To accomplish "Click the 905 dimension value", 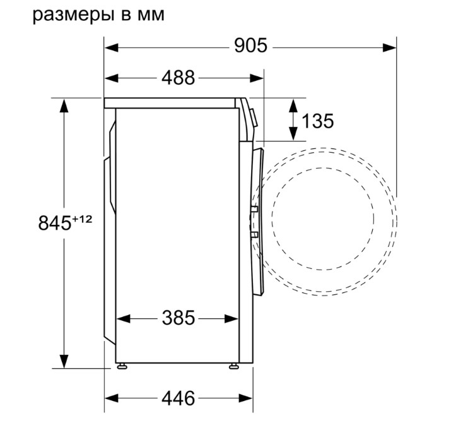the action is (x=250, y=45).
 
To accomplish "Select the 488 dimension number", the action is (x=179, y=78).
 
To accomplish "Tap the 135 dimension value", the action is (x=317, y=121).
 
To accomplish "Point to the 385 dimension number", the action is (x=179, y=318).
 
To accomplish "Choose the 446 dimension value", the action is (x=179, y=398).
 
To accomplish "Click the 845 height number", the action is (x=55, y=223).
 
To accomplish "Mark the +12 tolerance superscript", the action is (x=82, y=220).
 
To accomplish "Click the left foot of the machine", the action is (x=122, y=366).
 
